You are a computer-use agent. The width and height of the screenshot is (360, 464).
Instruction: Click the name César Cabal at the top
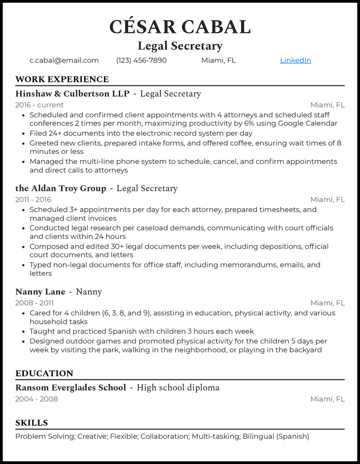[x=180, y=27]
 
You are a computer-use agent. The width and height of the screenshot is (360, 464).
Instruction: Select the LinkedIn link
[x=295, y=60]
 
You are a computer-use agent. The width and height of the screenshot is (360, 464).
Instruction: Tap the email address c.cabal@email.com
[x=64, y=60]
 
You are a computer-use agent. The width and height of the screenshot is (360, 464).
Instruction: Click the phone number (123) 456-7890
[x=141, y=60]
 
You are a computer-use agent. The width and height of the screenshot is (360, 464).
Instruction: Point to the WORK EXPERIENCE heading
[x=62, y=80]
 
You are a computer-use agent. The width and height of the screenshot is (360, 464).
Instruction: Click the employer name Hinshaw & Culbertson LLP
[x=72, y=94]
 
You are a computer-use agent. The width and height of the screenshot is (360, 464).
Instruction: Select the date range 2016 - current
[x=40, y=105]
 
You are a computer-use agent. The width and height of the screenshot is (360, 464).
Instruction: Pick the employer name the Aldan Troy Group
[x=61, y=188]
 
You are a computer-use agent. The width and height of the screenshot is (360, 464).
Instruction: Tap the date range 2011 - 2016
[x=33, y=200]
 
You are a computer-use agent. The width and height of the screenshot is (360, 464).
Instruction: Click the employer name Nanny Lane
[x=40, y=292]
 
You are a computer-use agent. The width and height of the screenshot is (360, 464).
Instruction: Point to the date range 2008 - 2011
[x=34, y=303]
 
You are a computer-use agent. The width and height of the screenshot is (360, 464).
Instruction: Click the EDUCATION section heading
[x=44, y=374]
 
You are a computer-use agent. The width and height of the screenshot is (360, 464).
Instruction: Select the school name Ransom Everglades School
[x=71, y=388]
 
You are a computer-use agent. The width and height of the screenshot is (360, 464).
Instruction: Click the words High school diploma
[x=178, y=388]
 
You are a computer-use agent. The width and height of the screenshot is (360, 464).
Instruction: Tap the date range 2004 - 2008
[x=36, y=399]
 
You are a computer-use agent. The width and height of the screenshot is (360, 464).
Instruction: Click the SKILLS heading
[x=31, y=423]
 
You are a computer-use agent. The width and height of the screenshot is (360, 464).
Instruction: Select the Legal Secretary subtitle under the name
[x=180, y=46]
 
